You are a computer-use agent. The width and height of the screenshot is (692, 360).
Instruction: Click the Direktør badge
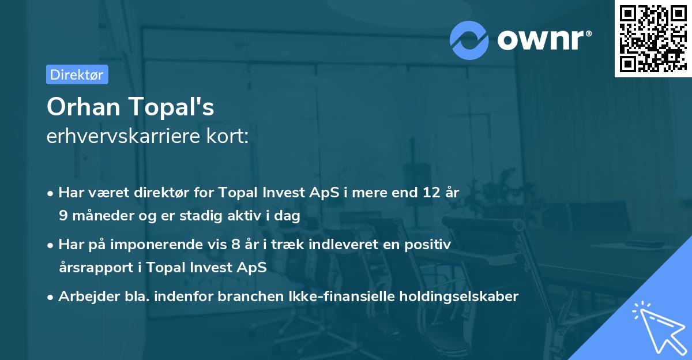(77, 74)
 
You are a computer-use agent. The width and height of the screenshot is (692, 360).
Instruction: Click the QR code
(652, 39)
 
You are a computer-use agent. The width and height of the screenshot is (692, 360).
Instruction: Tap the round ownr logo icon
(469, 39)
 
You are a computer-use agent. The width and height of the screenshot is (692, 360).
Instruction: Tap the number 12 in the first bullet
(430, 193)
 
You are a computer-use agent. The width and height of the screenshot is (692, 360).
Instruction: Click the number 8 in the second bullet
(235, 245)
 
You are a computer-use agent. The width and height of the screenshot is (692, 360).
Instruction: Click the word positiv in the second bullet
(430, 245)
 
